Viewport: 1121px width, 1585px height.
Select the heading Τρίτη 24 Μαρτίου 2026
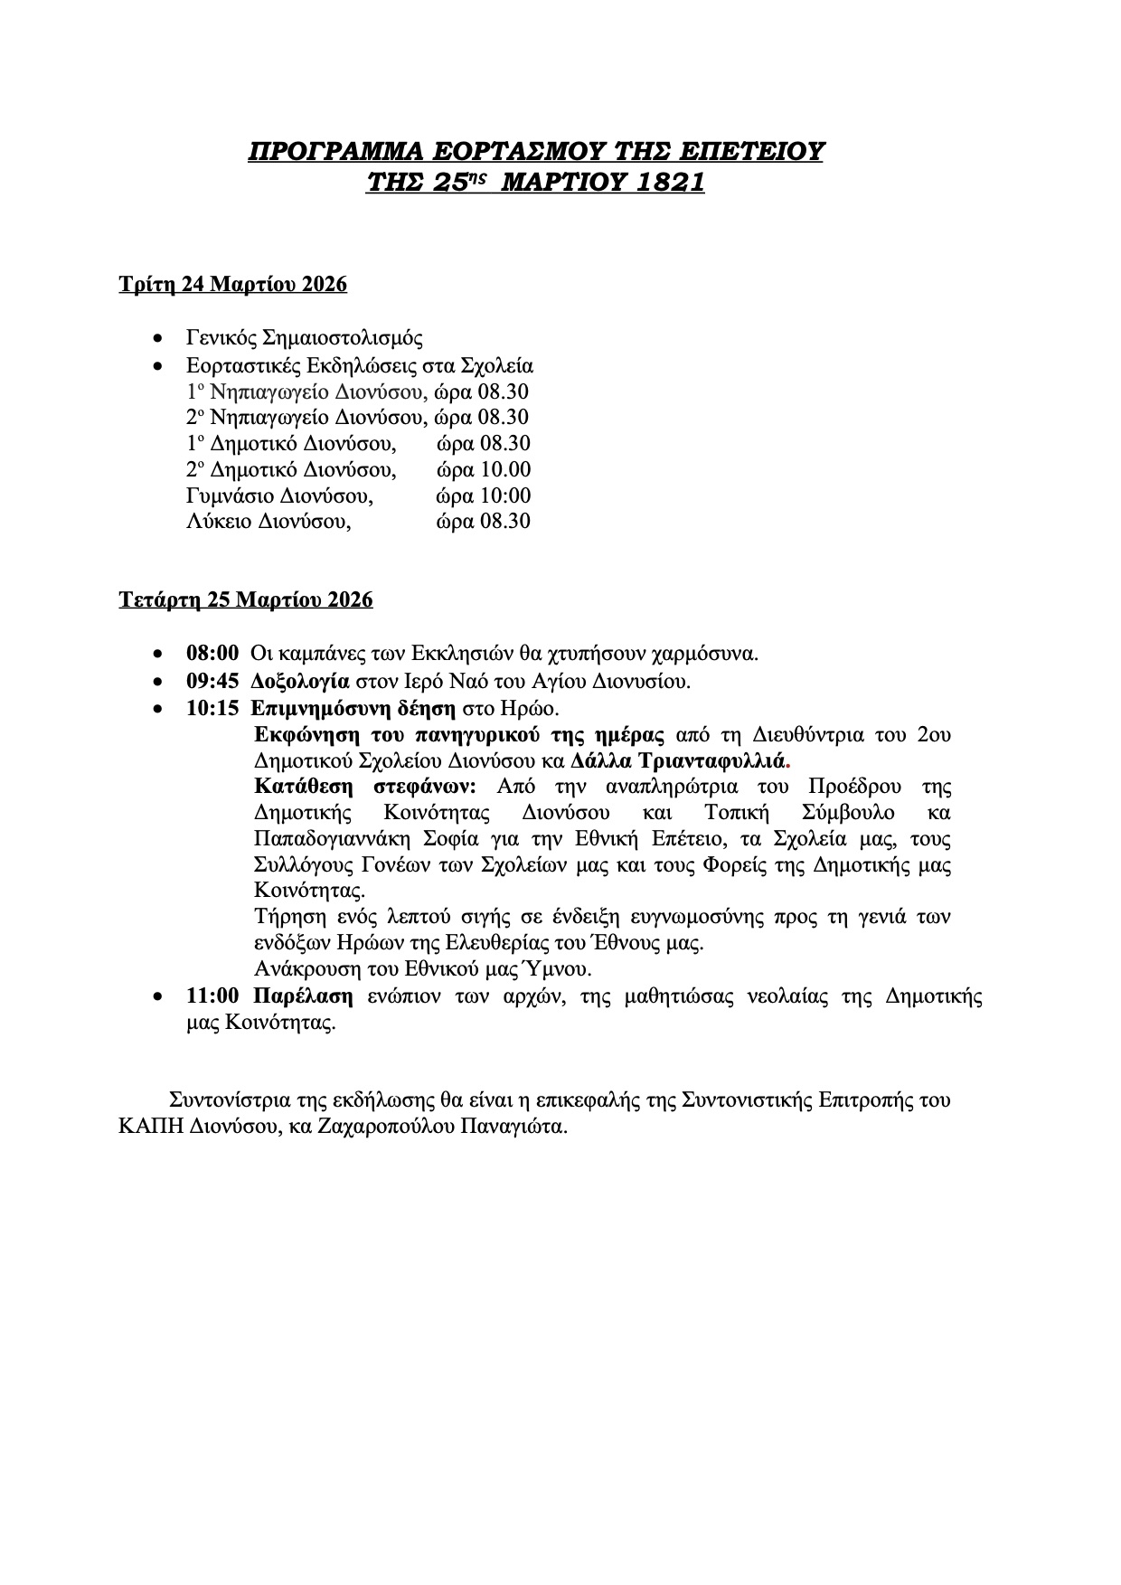tap(233, 285)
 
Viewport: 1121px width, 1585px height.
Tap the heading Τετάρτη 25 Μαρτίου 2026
tap(246, 599)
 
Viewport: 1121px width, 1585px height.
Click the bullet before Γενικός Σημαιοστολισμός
tap(159, 340)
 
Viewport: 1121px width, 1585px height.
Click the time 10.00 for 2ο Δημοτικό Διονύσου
tap(507, 469)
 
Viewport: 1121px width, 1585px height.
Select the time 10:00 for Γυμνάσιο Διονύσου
tap(507, 495)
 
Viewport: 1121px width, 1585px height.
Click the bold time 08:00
tap(212, 653)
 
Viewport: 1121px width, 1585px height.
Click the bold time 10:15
tap(212, 707)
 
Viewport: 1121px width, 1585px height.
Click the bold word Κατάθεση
tap(302, 785)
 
